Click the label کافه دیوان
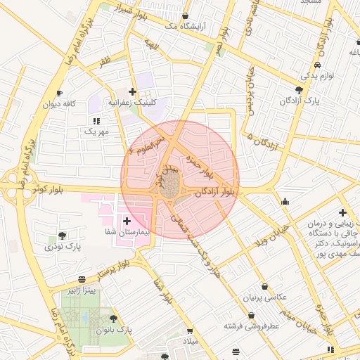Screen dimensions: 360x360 (x=59, y=105)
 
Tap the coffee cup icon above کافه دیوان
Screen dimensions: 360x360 (x=59, y=93)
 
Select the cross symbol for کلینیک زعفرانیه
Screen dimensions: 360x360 (x=132, y=91)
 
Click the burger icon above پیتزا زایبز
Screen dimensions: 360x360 (x=82, y=278)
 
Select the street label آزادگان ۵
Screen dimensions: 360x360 (x=262, y=129)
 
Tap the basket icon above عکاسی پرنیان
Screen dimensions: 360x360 (x=264, y=286)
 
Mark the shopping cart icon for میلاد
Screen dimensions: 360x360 (x=189, y=330)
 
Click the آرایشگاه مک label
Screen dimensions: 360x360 (x=179, y=26)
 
